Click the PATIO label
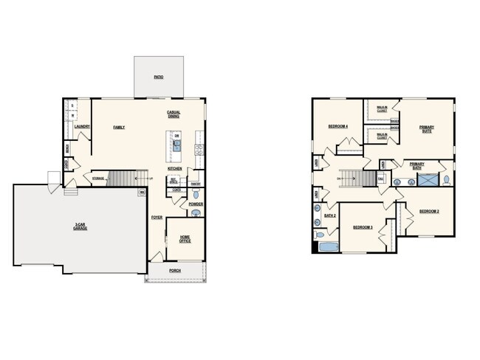tap(158, 77)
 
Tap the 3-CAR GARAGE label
tap(80, 226)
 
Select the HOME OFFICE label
tap(185, 238)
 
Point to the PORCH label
tap(174, 270)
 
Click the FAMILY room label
tap(119, 127)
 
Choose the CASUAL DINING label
tap(174, 114)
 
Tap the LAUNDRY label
tap(82, 127)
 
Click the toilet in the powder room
tap(195, 213)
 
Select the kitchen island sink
tap(176, 147)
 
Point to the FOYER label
tap(157, 218)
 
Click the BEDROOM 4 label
tap(337, 127)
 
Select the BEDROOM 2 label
tap(429, 211)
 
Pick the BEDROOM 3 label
tap(362, 226)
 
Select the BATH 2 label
tap(329, 215)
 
